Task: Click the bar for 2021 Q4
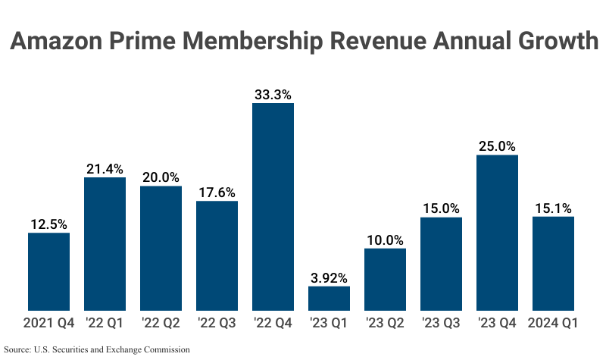coord(48,271)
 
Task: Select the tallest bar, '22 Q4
coord(273,206)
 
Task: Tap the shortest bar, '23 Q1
coord(329,298)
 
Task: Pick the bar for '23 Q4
coord(497,232)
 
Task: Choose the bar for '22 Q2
coord(161,248)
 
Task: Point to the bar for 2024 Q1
coord(553,263)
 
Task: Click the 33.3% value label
coord(273,95)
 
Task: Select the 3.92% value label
coord(329,277)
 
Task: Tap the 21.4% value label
coord(105,169)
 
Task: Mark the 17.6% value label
coord(217,193)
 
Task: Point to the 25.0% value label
coord(497,146)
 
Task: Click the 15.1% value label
coord(553,208)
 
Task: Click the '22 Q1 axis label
coord(105,323)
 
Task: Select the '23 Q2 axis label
coord(385,323)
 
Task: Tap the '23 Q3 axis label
coord(441,323)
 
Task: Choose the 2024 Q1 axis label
coord(553,323)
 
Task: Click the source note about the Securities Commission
coord(96,349)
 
